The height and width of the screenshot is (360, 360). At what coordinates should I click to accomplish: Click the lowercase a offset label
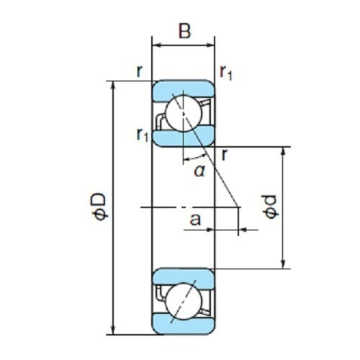(x=194, y=218)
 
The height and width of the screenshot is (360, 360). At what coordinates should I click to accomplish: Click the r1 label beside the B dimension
(x=226, y=72)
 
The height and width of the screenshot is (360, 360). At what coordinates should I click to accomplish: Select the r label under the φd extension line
(x=225, y=153)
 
